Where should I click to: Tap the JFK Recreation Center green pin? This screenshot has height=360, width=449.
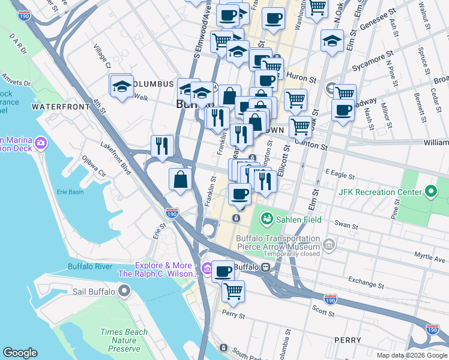[430, 192]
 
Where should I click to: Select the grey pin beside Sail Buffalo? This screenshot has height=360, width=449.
[124, 292]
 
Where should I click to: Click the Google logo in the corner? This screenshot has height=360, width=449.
[20, 353]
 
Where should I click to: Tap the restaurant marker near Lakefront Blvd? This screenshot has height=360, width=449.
[162, 145]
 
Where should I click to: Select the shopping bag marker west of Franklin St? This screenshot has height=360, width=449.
[181, 178]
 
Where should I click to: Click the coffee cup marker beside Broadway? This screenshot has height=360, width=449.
[343, 110]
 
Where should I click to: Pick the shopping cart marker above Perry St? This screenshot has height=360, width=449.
[233, 291]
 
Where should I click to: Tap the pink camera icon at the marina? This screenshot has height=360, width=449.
[41, 143]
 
